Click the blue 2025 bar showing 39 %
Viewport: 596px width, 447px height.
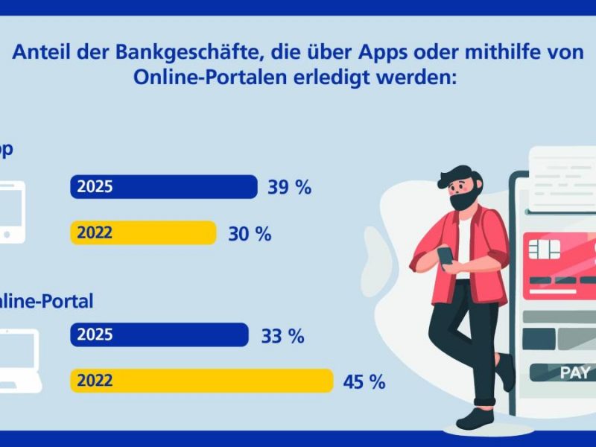[164, 186]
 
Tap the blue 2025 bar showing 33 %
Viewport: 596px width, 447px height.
[159, 335]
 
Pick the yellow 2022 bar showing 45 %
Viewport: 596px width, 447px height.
[201, 381]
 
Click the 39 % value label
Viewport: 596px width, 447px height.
[289, 187]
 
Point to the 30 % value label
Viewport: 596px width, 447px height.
[249, 234]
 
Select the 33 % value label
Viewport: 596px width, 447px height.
[282, 336]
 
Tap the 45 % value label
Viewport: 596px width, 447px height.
[364, 382]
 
